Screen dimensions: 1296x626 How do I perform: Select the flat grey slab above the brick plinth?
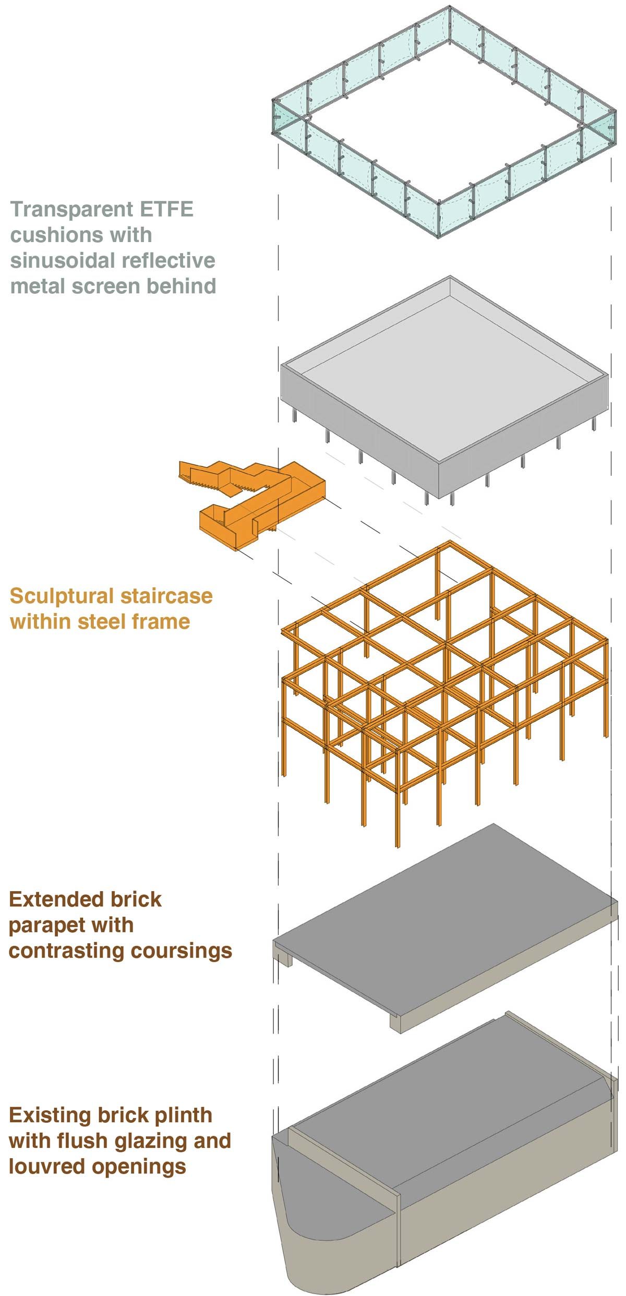coord(443,918)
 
